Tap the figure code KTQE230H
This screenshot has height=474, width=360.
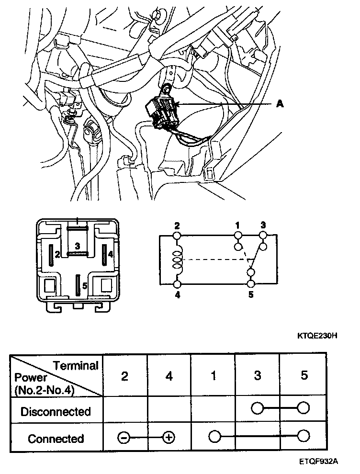[x=317, y=335]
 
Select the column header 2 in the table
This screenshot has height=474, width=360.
[x=124, y=376]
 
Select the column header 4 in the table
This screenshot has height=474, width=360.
[x=169, y=376]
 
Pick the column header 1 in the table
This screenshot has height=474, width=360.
[x=213, y=376]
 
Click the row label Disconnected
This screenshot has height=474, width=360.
[x=56, y=411]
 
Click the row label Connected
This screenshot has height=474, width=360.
[x=56, y=438]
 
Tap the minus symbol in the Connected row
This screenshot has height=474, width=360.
[x=124, y=437]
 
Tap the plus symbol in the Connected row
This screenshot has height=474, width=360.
[x=168, y=437]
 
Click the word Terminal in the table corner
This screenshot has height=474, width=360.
[x=76, y=366]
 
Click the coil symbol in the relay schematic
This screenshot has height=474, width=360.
[x=177, y=261]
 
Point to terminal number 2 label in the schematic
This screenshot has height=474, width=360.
[x=177, y=225]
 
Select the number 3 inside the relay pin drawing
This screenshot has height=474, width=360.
[x=77, y=245]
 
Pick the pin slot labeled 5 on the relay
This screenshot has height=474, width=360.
[x=77, y=285]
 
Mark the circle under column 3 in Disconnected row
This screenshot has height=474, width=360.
[x=258, y=408]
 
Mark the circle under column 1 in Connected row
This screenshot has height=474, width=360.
[x=214, y=437]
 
